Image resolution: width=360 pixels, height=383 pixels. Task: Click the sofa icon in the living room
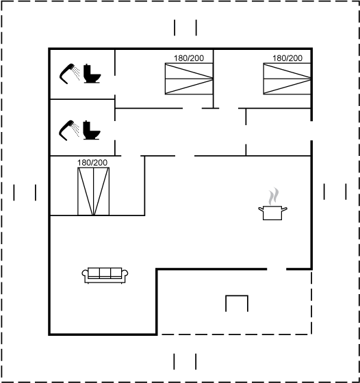click(105, 275)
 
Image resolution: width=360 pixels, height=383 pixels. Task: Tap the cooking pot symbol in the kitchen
click(272, 213)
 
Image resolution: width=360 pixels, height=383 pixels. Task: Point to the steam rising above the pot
click(274, 196)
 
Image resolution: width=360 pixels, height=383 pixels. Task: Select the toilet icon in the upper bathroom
click(92, 74)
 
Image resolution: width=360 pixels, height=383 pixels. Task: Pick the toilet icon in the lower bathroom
click(92, 130)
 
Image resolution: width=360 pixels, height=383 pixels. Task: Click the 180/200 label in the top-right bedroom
click(287, 58)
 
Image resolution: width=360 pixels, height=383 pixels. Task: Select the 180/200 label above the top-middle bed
click(189, 58)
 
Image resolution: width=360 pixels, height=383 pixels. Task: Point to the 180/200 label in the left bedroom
click(92, 163)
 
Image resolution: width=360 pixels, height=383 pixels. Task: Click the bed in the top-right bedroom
click(287, 79)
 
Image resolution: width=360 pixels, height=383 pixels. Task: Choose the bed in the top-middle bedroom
click(189, 79)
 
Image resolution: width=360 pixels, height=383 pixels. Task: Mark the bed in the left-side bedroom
click(93, 191)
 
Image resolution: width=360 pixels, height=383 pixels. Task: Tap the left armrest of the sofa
click(85, 274)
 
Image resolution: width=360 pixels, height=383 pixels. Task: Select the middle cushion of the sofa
click(105, 273)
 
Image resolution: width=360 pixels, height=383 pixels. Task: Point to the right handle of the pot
click(285, 209)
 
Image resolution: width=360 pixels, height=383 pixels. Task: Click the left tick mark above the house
click(175, 28)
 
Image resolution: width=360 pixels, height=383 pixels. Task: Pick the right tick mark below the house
click(196, 362)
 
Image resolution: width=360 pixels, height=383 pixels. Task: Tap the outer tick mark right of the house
click(346, 191)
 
